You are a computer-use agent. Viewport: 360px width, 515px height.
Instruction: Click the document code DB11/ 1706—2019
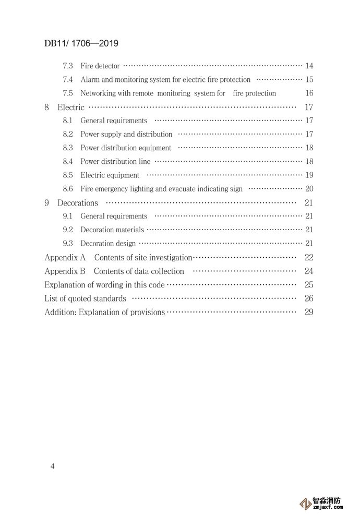pos(81,43)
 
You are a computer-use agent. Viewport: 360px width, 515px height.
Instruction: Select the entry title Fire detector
pos(100,66)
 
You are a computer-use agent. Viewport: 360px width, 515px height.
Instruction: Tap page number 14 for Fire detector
pos(309,66)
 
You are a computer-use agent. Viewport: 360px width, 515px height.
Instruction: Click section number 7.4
pos(68,80)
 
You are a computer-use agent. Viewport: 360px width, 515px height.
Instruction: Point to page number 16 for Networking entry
pos(309,93)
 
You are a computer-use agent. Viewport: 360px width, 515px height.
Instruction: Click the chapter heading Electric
pos(70,107)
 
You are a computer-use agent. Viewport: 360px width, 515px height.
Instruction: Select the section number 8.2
pos(68,134)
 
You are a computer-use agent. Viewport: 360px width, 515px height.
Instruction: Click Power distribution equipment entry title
pos(126,148)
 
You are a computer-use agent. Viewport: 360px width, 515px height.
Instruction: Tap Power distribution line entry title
pos(115,162)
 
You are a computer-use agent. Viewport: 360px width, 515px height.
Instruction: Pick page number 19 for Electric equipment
pos(309,175)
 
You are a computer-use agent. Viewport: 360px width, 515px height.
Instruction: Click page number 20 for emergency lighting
pos(309,189)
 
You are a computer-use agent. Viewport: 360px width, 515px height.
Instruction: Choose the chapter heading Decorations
pos(77,203)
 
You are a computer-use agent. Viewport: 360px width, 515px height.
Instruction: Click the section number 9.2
pos(68,230)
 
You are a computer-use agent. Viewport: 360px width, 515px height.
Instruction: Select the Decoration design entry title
pos(108,243)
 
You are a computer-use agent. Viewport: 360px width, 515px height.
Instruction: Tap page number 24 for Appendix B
pos(308,271)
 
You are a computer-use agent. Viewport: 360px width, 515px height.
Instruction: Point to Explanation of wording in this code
pos(104,285)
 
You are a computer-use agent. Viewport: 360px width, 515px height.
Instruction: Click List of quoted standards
pos(85,298)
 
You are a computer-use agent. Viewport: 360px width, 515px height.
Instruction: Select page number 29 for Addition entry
pos(308,312)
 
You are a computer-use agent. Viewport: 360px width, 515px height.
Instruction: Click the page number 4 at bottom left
pos(52,465)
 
